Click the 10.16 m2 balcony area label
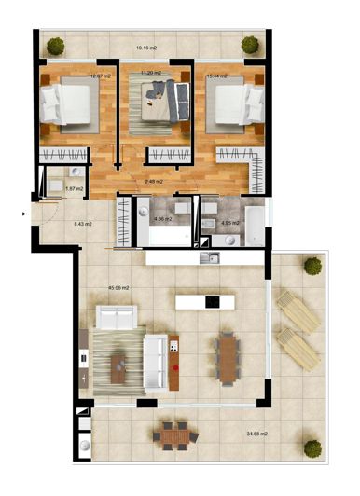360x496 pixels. point(146,46)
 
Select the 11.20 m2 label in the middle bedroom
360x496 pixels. point(151,73)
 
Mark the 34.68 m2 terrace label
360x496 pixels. point(257,434)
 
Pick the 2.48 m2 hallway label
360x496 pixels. point(154,181)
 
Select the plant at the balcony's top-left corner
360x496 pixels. point(56,44)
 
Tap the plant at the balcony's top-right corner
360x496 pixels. point(250,43)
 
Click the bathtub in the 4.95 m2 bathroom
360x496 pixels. point(254,224)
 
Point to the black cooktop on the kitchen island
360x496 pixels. point(213,302)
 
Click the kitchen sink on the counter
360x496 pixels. point(212,258)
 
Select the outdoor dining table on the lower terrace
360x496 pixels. point(171,434)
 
